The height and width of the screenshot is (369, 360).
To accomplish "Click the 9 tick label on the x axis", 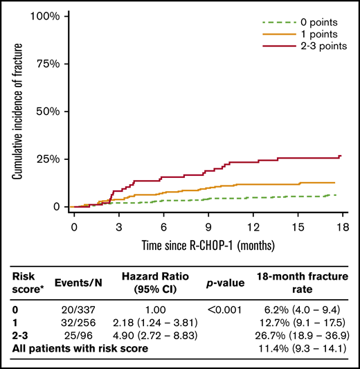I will (208, 226).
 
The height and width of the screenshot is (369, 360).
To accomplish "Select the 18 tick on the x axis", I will (342, 226).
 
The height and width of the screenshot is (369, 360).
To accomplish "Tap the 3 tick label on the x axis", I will (118, 226).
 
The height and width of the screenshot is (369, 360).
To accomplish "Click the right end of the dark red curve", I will (340, 156).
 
